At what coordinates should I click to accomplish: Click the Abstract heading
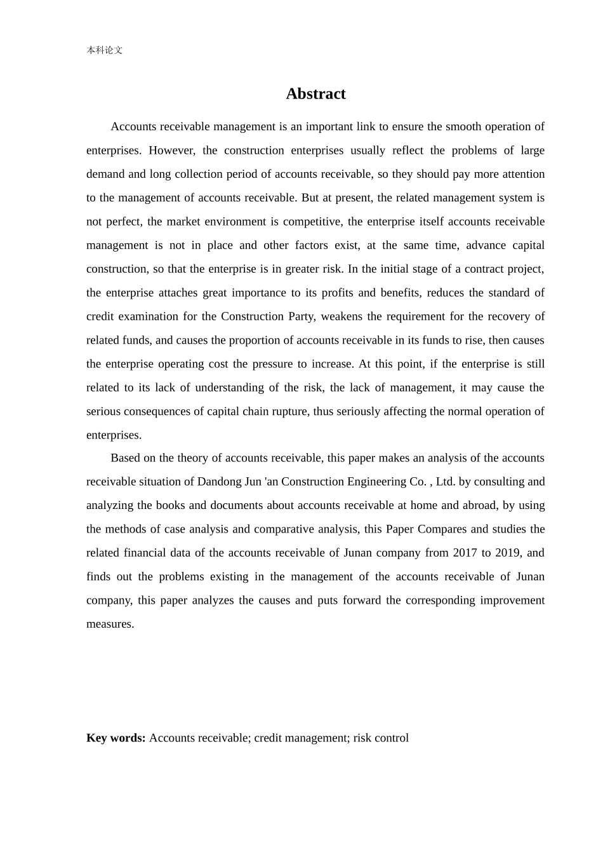(315, 94)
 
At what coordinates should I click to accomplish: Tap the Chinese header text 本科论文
(105, 50)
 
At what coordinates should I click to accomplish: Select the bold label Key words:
(116, 738)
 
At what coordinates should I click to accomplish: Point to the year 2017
(465, 553)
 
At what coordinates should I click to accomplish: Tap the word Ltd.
(446, 482)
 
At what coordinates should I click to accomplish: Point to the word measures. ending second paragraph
(110, 624)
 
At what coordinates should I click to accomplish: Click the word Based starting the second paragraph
(125, 458)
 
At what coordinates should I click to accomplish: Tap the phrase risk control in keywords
(381, 738)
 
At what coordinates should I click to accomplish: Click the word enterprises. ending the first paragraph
(114, 435)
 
